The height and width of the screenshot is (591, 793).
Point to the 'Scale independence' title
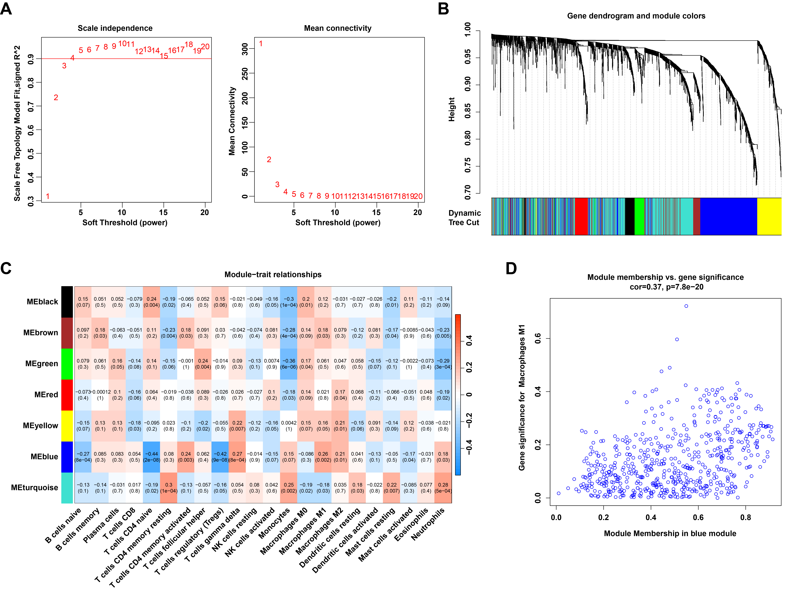point(115,28)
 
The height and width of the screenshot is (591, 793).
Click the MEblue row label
point(44,457)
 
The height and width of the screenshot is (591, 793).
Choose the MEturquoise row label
point(35,488)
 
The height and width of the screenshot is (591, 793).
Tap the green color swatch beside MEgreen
point(67,364)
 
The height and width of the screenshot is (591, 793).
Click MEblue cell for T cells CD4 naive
point(152,457)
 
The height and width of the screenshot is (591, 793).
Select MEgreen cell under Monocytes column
point(289,364)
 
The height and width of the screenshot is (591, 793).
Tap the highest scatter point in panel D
point(686,306)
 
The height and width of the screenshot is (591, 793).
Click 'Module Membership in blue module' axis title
point(670,533)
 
